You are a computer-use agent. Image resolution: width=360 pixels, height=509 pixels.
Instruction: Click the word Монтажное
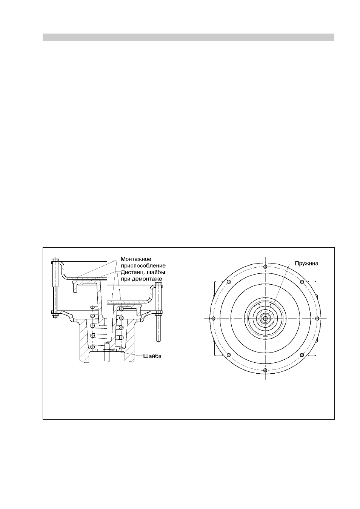pyautogui.click(x=136, y=259)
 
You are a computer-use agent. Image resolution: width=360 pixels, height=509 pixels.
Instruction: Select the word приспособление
pyautogui.click(x=143, y=266)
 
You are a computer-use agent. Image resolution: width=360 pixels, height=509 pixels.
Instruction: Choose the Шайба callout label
pyautogui.click(x=152, y=356)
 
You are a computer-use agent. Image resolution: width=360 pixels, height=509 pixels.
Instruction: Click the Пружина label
pyautogui.click(x=306, y=264)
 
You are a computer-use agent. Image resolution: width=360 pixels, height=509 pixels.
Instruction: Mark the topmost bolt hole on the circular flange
pyautogui.click(x=265, y=267)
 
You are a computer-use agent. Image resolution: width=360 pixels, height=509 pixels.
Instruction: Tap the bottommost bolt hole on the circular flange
pyautogui.click(x=265, y=370)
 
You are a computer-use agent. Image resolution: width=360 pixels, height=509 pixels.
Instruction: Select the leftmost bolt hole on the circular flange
pyautogui.click(x=213, y=318)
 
